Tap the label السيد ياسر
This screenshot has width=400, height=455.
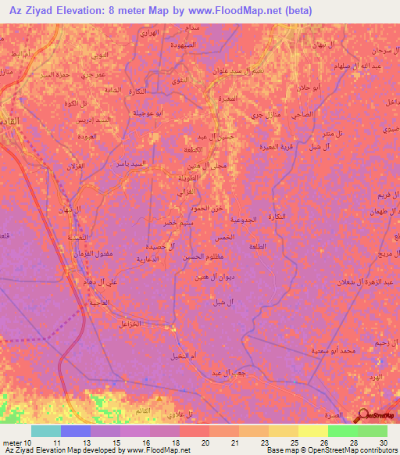click(x=126, y=164)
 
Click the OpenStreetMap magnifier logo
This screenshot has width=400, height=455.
click(x=363, y=416)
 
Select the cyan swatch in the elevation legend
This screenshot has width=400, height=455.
click(x=46, y=431)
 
